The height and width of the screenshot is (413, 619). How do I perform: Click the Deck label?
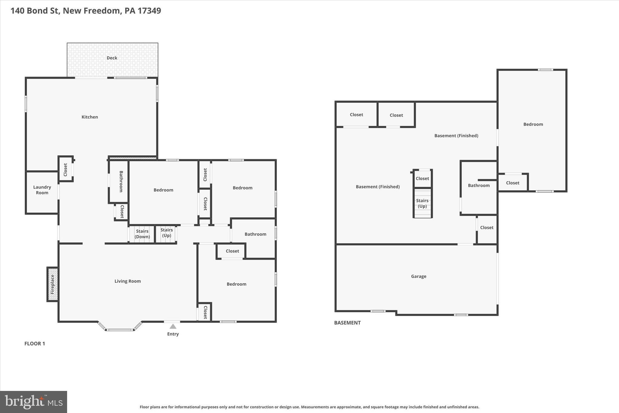[112, 58]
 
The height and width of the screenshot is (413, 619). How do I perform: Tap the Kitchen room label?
[90, 117]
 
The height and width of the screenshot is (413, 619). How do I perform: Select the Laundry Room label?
[42, 190]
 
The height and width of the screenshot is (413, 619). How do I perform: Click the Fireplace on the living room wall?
[52, 284]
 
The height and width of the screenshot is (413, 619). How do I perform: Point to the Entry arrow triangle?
[173, 326]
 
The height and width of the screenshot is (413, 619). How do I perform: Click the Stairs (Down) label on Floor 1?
[142, 234]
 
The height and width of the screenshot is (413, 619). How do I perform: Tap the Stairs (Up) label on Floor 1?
[167, 233]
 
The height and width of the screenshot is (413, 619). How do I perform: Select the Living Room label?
[128, 281]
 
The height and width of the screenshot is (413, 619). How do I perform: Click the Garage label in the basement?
[419, 276]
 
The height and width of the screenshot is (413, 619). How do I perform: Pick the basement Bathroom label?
[479, 185]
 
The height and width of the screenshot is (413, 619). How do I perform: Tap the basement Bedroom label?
[533, 124]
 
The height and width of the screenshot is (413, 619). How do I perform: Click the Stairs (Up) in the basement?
[422, 203]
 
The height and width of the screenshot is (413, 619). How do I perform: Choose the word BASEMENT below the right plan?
[347, 323]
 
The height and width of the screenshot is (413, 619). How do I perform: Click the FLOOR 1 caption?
[35, 343]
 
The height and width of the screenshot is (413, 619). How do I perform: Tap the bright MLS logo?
[34, 402]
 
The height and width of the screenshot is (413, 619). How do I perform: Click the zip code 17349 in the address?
[149, 11]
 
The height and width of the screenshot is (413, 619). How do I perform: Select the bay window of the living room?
[120, 329]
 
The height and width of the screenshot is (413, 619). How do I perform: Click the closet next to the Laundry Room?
[66, 169]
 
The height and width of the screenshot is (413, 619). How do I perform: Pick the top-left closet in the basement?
[356, 115]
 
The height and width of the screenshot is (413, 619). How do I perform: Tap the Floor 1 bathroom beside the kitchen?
[121, 182]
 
